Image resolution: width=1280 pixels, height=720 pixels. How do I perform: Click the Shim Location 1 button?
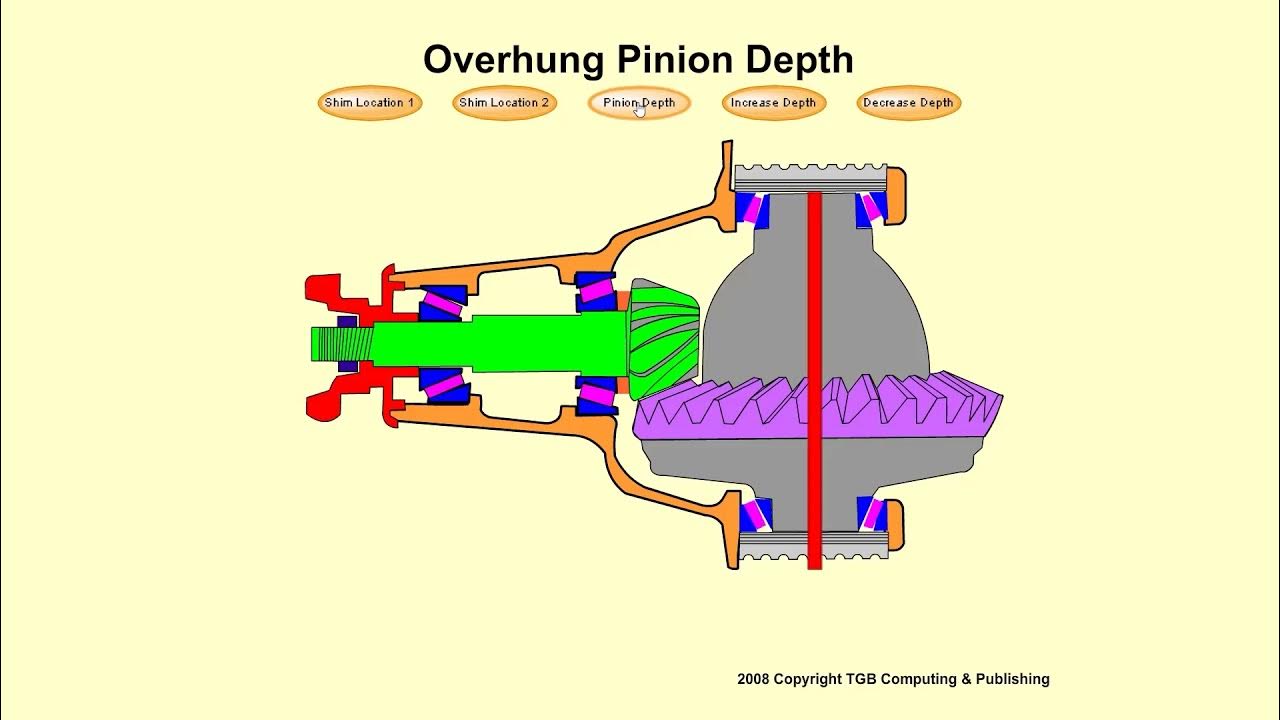pyautogui.click(x=370, y=103)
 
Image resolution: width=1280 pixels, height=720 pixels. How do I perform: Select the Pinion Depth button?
pyautogui.click(x=639, y=103)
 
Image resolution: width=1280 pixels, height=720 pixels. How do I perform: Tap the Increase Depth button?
pyautogui.click(x=773, y=103)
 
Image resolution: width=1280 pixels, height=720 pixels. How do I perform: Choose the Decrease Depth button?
pyautogui.click(x=908, y=103)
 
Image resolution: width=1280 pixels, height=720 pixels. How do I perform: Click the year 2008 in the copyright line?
pyautogui.click(x=755, y=679)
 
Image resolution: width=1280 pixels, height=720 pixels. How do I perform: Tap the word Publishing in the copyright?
pyautogui.click(x=1013, y=679)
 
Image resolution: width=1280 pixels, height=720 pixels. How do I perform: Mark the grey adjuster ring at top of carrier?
pyautogui.click(x=810, y=177)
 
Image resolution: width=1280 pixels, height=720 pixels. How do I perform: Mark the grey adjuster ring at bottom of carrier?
pyautogui.click(x=810, y=545)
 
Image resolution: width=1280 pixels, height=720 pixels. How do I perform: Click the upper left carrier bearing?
pyautogui.click(x=751, y=209)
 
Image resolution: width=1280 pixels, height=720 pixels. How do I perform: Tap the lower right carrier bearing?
pyautogui.click(x=872, y=513)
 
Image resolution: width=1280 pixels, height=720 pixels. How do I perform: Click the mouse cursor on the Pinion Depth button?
pyautogui.click(x=640, y=110)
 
